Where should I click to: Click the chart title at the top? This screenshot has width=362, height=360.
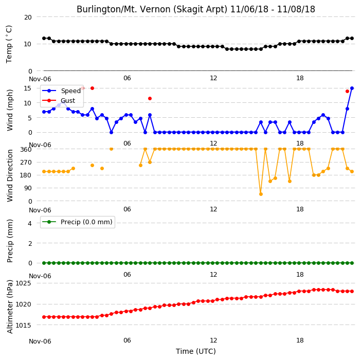(x=196, y=9)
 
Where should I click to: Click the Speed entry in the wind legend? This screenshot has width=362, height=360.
(x=61, y=91)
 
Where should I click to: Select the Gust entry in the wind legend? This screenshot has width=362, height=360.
(x=59, y=100)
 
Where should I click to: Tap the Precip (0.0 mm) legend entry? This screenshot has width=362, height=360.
(x=77, y=222)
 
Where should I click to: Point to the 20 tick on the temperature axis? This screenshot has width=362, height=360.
(x=28, y=17)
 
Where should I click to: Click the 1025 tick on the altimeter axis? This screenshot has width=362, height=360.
(x=23, y=283)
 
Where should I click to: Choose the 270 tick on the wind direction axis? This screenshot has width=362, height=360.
(x=26, y=163)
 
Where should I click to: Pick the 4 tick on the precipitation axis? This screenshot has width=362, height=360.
(x=30, y=223)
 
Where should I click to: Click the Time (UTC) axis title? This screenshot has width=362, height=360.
(x=196, y=351)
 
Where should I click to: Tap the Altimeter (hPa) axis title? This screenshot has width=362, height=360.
(x=10, y=307)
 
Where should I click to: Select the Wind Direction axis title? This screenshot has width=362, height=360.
(x=10, y=176)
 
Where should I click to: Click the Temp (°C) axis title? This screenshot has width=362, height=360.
(x=9, y=44)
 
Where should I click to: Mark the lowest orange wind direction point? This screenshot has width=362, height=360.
(x=261, y=194)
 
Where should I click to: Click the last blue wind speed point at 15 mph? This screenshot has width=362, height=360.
(x=352, y=88)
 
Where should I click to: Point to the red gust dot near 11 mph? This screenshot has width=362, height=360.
(x=150, y=99)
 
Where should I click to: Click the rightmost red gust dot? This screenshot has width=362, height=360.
(x=347, y=91)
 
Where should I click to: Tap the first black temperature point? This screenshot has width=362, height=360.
(x=44, y=39)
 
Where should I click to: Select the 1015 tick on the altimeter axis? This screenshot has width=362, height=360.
(x=23, y=326)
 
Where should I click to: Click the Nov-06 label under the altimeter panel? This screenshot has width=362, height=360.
(x=40, y=341)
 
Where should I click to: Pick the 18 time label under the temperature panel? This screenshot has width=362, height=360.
(x=300, y=78)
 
